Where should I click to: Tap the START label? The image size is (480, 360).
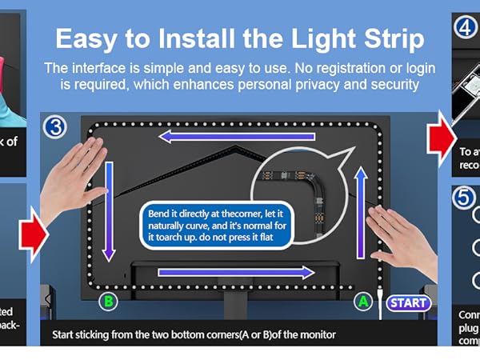(x=408, y=303)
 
